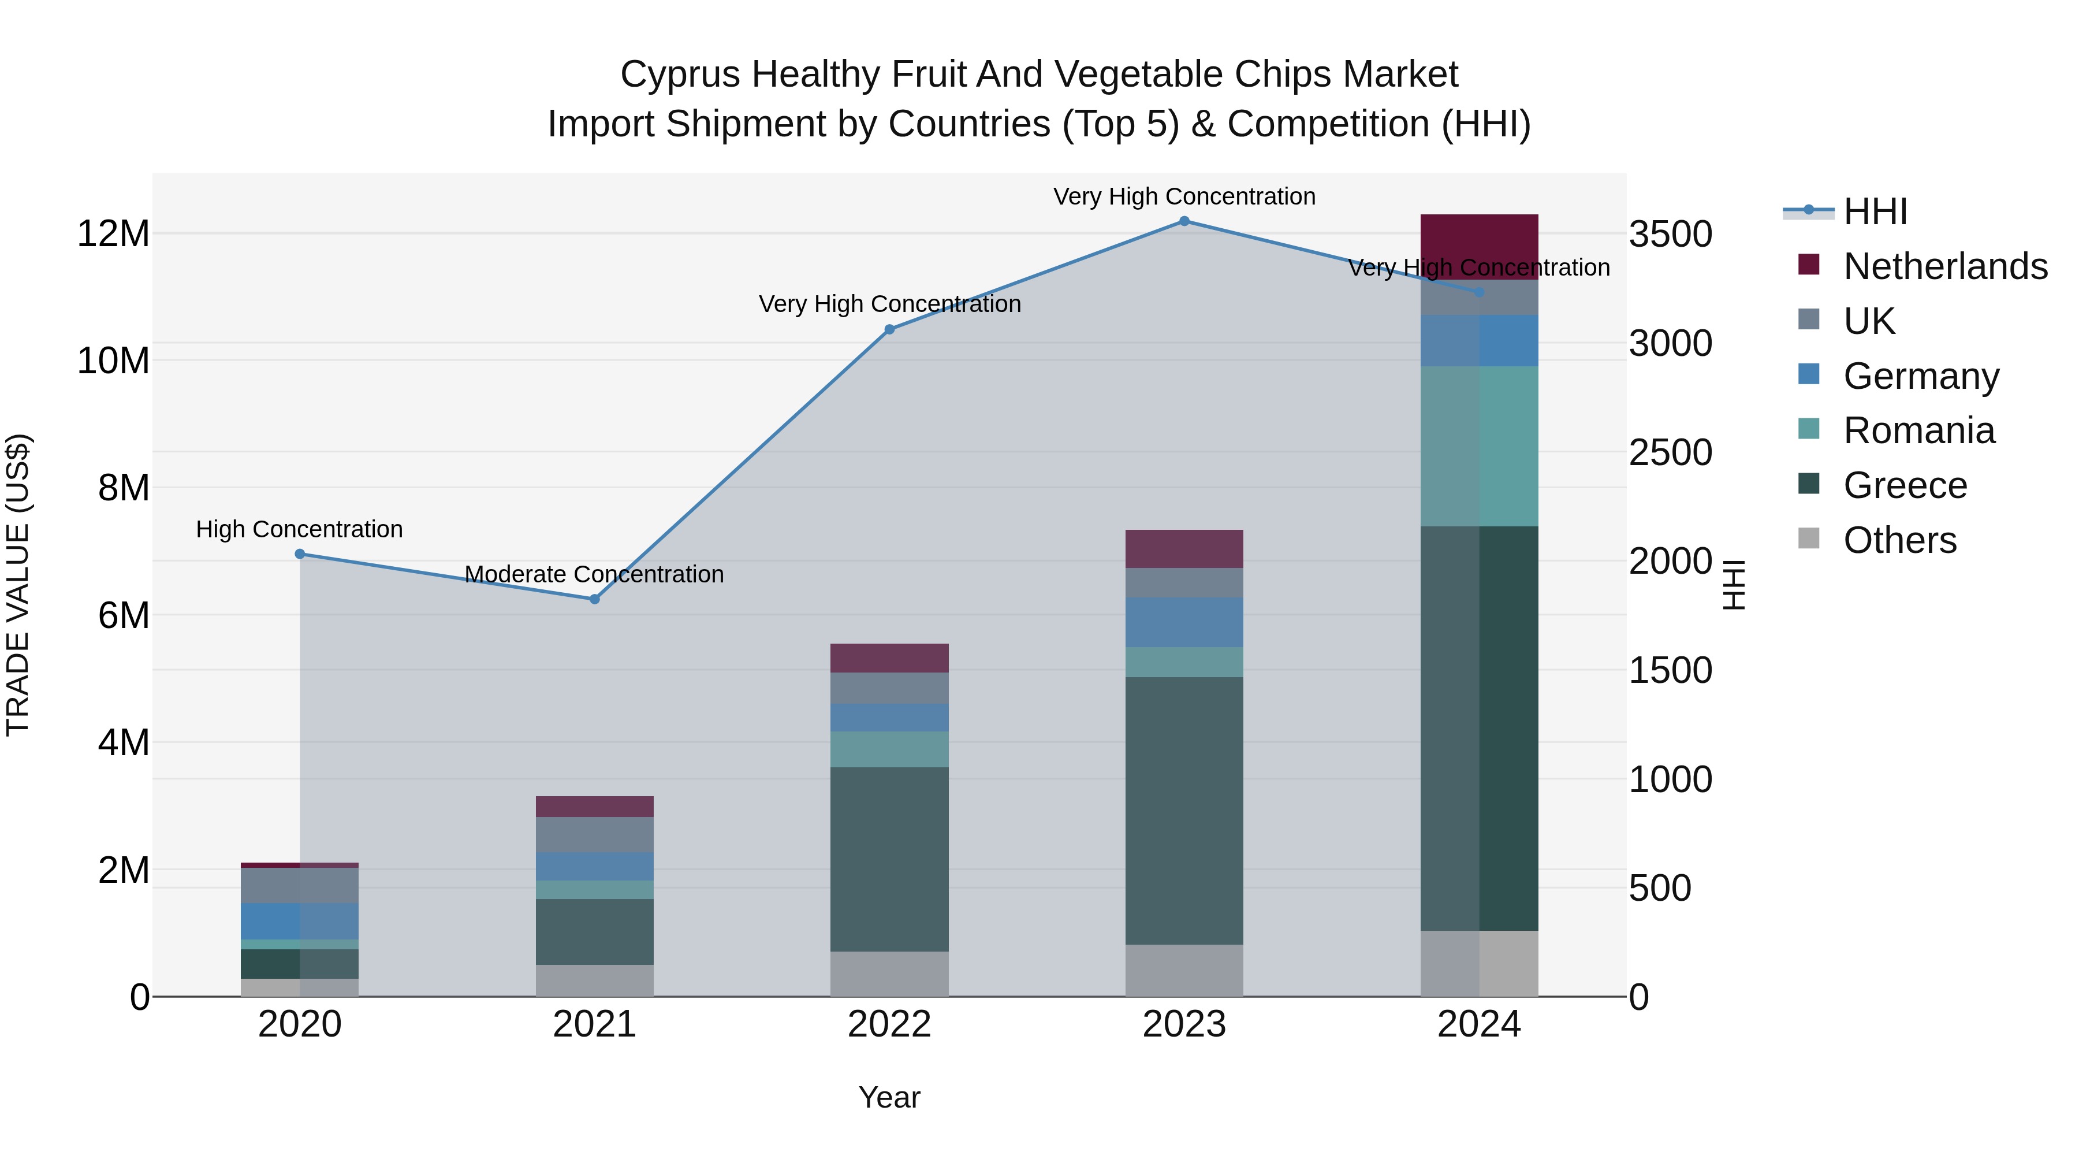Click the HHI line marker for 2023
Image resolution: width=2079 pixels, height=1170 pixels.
tap(1184, 221)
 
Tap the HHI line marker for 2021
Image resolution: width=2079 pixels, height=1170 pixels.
tap(595, 599)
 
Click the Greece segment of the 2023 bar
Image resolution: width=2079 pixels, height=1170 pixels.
tap(1184, 810)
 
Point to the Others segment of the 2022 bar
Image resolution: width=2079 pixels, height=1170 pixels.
tap(889, 974)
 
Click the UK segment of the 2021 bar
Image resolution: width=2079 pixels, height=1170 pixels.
tap(595, 835)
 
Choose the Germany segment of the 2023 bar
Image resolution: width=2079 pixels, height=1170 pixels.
tap(1184, 622)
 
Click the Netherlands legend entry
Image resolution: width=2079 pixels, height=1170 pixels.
tap(1945, 266)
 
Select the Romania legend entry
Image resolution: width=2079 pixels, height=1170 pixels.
tap(1918, 430)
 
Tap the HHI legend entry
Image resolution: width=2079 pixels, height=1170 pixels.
tap(1875, 211)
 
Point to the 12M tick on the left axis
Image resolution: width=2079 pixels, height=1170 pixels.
tap(113, 234)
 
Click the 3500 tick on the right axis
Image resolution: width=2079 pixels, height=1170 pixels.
tap(1670, 234)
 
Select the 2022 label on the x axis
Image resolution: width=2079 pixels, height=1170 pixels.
tap(889, 1024)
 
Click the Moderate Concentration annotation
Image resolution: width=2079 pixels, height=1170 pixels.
tap(594, 574)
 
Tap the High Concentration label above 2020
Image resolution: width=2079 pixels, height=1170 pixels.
tap(299, 530)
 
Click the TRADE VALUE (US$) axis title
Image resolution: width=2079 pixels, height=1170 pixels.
tap(18, 585)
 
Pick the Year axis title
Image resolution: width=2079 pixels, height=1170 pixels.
tap(889, 1097)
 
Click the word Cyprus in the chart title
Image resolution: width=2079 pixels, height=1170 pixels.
tap(680, 75)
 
